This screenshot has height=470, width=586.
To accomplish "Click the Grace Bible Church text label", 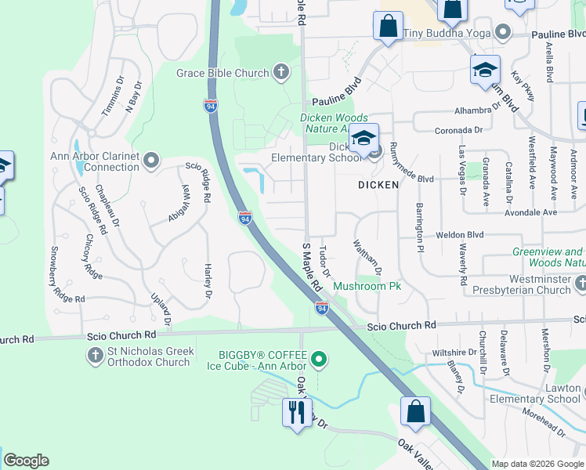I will coord(222,74).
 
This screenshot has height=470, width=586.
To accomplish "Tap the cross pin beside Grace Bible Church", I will coord(280,74).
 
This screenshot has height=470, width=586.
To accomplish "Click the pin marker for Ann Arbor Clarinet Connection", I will coord(152,161).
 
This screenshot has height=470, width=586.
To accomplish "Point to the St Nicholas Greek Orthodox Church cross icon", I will coord(95,356).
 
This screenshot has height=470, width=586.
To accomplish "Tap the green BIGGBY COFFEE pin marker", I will coord(318,360).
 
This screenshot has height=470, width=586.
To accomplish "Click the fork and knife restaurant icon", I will coord(296,411).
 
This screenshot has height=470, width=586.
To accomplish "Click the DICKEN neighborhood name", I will coord(378,185).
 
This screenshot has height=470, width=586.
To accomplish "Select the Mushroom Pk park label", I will coord(367,287).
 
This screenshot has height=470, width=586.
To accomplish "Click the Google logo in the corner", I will coord(26,461).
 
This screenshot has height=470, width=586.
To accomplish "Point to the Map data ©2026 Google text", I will coord(537,464).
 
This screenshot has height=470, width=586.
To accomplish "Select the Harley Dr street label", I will coord(208,280).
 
